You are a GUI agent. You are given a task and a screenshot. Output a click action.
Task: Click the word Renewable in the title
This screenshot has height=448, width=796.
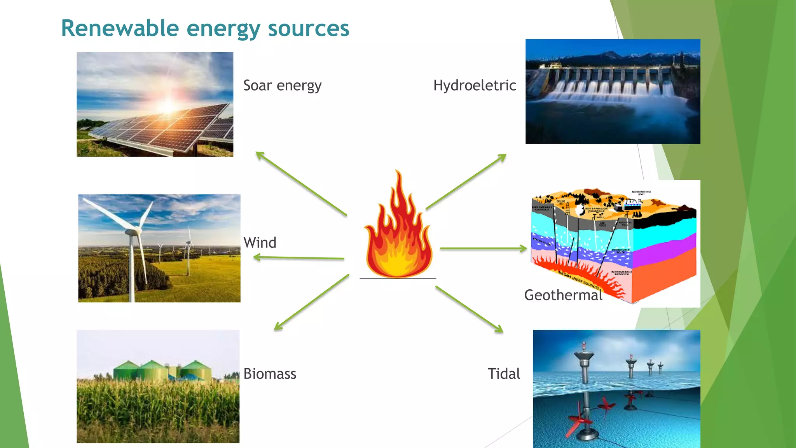120,28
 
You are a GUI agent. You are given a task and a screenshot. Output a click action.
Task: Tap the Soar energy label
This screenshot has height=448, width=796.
282,86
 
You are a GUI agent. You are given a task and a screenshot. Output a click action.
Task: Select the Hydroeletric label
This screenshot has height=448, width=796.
475,86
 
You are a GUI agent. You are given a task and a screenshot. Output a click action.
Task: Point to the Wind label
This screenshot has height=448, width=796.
260,243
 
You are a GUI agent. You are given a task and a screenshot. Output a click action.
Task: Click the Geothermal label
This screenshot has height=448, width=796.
563,295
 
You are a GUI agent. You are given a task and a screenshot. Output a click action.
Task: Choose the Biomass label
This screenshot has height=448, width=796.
270,374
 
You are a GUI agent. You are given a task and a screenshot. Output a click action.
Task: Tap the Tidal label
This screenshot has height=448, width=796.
504,374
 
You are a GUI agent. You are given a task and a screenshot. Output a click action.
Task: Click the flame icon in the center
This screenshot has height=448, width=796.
398,229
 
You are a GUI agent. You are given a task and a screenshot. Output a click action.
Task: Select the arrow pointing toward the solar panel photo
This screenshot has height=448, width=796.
301,184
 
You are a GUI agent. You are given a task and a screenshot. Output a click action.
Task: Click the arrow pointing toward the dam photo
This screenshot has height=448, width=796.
466,182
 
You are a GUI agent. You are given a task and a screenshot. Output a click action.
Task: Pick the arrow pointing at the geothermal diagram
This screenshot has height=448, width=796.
483,248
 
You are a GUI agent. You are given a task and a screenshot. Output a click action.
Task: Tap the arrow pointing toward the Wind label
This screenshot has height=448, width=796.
298,257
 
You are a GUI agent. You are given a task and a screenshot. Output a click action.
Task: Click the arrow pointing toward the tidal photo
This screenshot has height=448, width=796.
469,309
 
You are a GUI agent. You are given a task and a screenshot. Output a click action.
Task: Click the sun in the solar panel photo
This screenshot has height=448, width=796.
168,106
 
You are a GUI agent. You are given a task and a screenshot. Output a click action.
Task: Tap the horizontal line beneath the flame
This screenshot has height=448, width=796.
398,278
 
